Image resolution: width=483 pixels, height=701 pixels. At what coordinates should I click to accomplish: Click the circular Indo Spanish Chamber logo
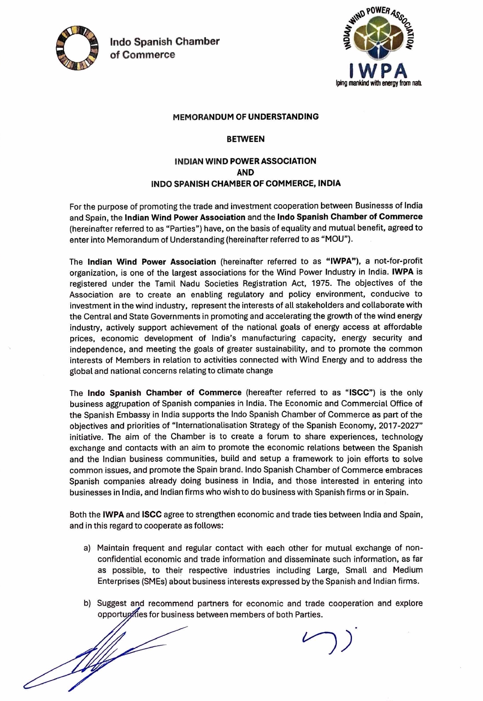[77, 48]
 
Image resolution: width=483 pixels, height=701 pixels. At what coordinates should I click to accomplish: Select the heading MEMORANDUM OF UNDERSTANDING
[246, 117]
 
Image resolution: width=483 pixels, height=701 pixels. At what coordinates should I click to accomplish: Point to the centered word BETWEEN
[246, 139]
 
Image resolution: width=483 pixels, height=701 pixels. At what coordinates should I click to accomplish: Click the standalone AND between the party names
[245, 172]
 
